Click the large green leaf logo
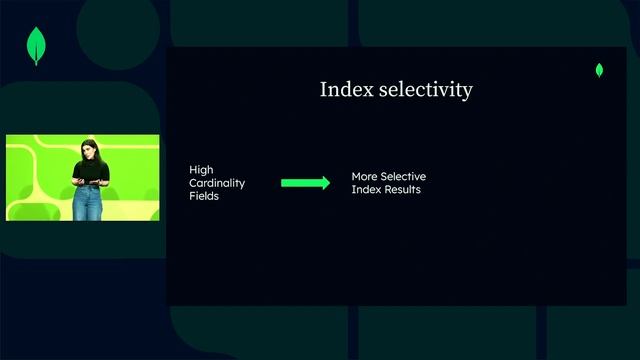pyautogui.click(x=38, y=45)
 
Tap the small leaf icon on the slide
pyautogui.click(x=599, y=70)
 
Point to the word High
pyautogui.click(x=201, y=170)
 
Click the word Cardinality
pyautogui.click(x=217, y=183)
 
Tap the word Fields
pyautogui.click(x=204, y=197)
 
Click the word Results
pyautogui.click(x=401, y=190)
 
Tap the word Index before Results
pyautogui.click(x=365, y=190)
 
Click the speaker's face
pyautogui.click(x=88, y=151)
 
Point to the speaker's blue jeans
pyautogui.click(x=88, y=203)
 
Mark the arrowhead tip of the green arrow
pyautogui.click(x=328, y=183)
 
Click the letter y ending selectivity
pyautogui.click(x=467, y=92)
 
